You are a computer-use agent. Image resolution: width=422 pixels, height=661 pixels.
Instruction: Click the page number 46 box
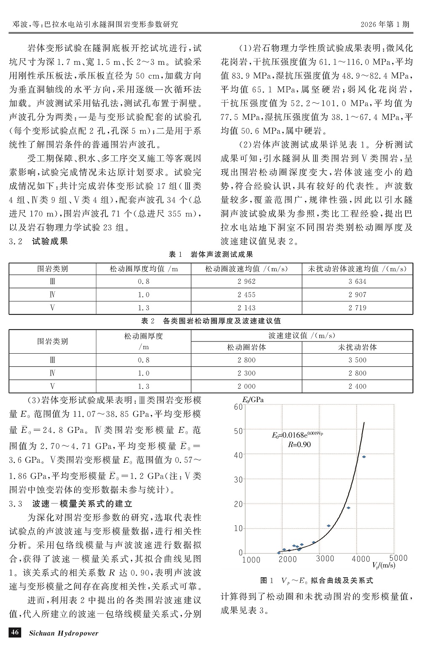pyautogui.click(x=15, y=632)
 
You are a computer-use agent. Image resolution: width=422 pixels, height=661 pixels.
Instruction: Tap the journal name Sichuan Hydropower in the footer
pyautogui.click(x=64, y=633)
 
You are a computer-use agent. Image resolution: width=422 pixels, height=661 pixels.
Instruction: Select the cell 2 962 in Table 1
pyautogui.click(x=246, y=281)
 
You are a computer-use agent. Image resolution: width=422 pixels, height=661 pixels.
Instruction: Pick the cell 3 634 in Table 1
pyautogui.click(x=357, y=281)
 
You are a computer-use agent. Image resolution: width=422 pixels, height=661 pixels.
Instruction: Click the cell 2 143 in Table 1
pyautogui.click(x=246, y=308)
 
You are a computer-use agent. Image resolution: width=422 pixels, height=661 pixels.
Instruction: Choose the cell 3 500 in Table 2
pyautogui.click(x=357, y=360)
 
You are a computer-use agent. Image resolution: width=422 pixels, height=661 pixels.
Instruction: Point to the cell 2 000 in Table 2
pyautogui.click(x=246, y=386)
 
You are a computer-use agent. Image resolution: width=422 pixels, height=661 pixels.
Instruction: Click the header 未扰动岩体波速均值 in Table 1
pyautogui.click(x=357, y=269)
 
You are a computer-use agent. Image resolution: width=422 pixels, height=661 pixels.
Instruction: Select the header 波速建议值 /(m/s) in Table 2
pyautogui.click(x=302, y=335)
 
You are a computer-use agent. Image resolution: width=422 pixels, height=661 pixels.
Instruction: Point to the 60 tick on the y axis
pyautogui.click(x=238, y=406)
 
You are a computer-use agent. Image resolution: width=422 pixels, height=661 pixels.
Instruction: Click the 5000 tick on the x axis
pyautogui.click(x=397, y=559)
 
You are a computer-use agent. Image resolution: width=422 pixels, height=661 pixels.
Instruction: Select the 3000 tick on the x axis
pyautogui.click(x=325, y=559)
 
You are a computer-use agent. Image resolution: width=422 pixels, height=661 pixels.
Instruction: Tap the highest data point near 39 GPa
pyautogui.click(x=364, y=457)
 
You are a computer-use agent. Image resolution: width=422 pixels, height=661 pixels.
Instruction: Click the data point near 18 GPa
pyautogui.click(x=348, y=508)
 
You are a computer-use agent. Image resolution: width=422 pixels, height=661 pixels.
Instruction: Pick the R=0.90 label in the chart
pyautogui.click(x=299, y=444)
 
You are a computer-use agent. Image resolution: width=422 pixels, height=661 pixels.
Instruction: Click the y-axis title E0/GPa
pyautogui.click(x=253, y=400)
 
